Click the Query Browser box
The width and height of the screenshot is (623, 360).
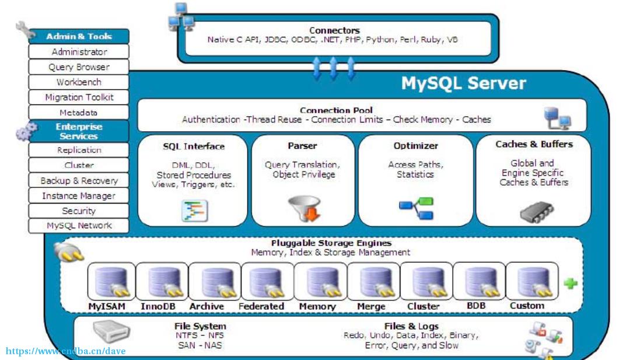pyautogui.click(x=79, y=67)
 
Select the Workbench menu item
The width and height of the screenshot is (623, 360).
pyautogui.click(x=79, y=82)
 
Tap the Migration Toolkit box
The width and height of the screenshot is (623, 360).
pyautogui.click(x=79, y=97)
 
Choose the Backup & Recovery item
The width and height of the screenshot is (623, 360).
pyautogui.click(x=79, y=180)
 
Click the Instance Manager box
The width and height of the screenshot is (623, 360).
pyautogui.click(x=79, y=195)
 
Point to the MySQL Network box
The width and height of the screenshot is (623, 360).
pyautogui.click(x=79, y=226)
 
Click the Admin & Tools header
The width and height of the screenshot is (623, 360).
pyautogui.click(x=79, y=36)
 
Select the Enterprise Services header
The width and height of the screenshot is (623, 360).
pyautogui.click(x=79, y=131)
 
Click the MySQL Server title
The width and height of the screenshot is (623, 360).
pyautogui.click(x=463, y=83)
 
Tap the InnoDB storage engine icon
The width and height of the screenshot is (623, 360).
pyautogui.click(x=162, y=281)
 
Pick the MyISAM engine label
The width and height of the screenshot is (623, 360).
pyautogui.click(x=107, y=306)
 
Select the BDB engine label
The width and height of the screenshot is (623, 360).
pyautogui.click(x=476, y=306)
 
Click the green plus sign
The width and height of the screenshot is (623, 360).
pyautogui.click(x=570, y=284)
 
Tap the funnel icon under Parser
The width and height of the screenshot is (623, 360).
pyautogui.click(x=304, y=208)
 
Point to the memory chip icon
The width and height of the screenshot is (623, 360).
pyautogui.click(x=537, y=212)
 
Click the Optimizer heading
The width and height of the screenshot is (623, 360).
pyautogui.click(x=415, y=146)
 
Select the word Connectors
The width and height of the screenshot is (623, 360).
pyautogui.click(x=335, y=30)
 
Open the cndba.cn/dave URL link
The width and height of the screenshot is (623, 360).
pyautogui.click(x=65, y=351)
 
